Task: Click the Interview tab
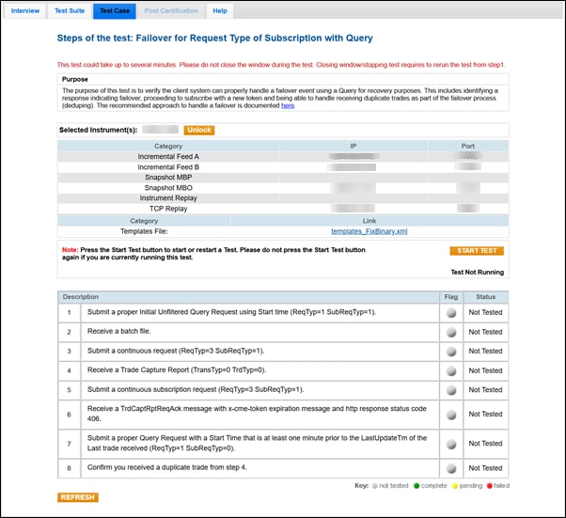click(x=25, y=10)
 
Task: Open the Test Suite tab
click(x=70, y=10)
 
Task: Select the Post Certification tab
click(x=171, y=10)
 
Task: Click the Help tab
click(x=220, y=10)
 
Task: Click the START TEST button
click(x=477, y=251)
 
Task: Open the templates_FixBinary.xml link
click(x=369, y=230)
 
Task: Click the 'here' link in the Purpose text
click(x=288, y=105)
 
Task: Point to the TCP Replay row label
click(x=168, y=208)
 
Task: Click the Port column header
click(x=467, y=146)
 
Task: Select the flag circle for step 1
click(x=451, y=312)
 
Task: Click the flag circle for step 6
click(x=451, y=415)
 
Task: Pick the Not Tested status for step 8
click(x=485, y=467)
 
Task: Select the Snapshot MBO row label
click(x=168, y=187)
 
